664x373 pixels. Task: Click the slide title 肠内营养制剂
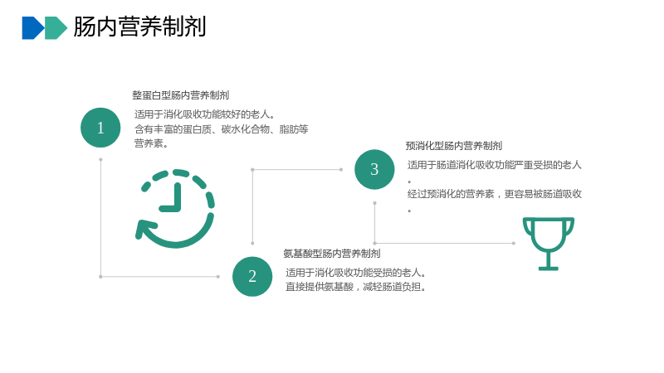coord(139,27)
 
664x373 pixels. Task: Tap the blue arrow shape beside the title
coord(33,28)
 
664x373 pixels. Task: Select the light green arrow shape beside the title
coord(56,28)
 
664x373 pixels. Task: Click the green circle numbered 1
coord(100,128)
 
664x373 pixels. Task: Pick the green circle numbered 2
coord(252,277)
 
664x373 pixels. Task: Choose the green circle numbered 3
coord(374,170)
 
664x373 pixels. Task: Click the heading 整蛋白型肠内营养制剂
coord(181,95)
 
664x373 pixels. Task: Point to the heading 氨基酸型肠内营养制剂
coord(332,254)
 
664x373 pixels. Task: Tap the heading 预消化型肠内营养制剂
coord(454,146)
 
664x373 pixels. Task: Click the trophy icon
coord(549,244)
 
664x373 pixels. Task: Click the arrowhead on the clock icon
coord(144,230)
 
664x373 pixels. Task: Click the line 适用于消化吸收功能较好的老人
coord(205,114)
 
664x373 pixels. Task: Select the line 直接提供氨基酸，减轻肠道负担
coord(356,287)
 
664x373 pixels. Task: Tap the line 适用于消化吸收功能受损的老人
coord(356,273)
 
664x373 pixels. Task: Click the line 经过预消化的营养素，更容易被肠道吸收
coord(495,194)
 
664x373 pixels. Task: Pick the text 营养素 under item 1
coord(149,143)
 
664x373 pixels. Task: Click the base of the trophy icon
coord(549,268)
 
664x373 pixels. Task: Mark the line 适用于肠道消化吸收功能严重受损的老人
coord(495,165)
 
